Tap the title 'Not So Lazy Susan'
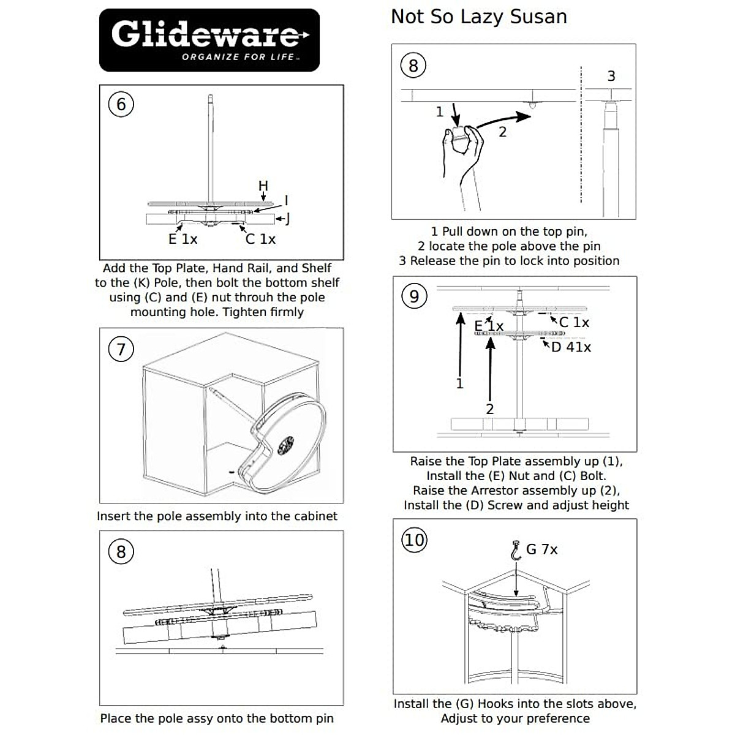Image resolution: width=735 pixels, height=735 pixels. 479,17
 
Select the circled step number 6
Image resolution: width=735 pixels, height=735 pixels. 121,105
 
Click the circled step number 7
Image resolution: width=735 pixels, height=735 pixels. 121,349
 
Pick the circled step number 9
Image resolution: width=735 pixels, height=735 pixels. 414,296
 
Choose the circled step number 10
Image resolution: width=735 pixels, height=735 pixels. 414,540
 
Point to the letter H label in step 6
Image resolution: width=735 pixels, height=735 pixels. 263,186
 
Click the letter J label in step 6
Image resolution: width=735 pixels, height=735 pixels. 287,218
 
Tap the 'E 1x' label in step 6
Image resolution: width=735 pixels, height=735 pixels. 183,239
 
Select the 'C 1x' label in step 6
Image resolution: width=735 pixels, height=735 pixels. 260,239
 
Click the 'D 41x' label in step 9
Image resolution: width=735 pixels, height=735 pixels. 571,347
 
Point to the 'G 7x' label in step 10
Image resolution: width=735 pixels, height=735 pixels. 541,549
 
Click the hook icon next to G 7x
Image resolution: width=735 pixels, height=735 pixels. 516,550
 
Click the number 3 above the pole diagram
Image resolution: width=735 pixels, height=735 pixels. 611,76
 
